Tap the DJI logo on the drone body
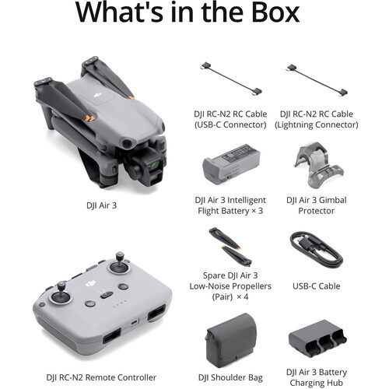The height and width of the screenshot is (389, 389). pos(97,96)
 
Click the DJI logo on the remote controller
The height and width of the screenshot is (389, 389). pos(91,284)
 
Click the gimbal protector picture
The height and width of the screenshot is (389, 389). pos(319,165)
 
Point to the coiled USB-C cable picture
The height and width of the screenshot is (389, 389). pos(317,250)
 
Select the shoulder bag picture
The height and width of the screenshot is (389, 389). pos(231,341)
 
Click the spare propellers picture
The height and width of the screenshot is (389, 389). pos(230,247)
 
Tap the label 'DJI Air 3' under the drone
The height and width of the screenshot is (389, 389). pos(101,205)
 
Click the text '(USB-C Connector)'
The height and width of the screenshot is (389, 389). pos(230,124)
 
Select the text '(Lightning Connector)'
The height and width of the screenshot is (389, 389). pos(317,124)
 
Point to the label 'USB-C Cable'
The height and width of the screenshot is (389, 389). pos(317,286)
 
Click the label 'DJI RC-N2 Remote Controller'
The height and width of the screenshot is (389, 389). pos(101,377)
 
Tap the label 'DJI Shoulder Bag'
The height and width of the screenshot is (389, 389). pos(230,377)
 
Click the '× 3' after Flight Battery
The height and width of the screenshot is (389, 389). pos(258,211)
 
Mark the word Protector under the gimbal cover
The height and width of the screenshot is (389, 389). pos(317,211)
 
